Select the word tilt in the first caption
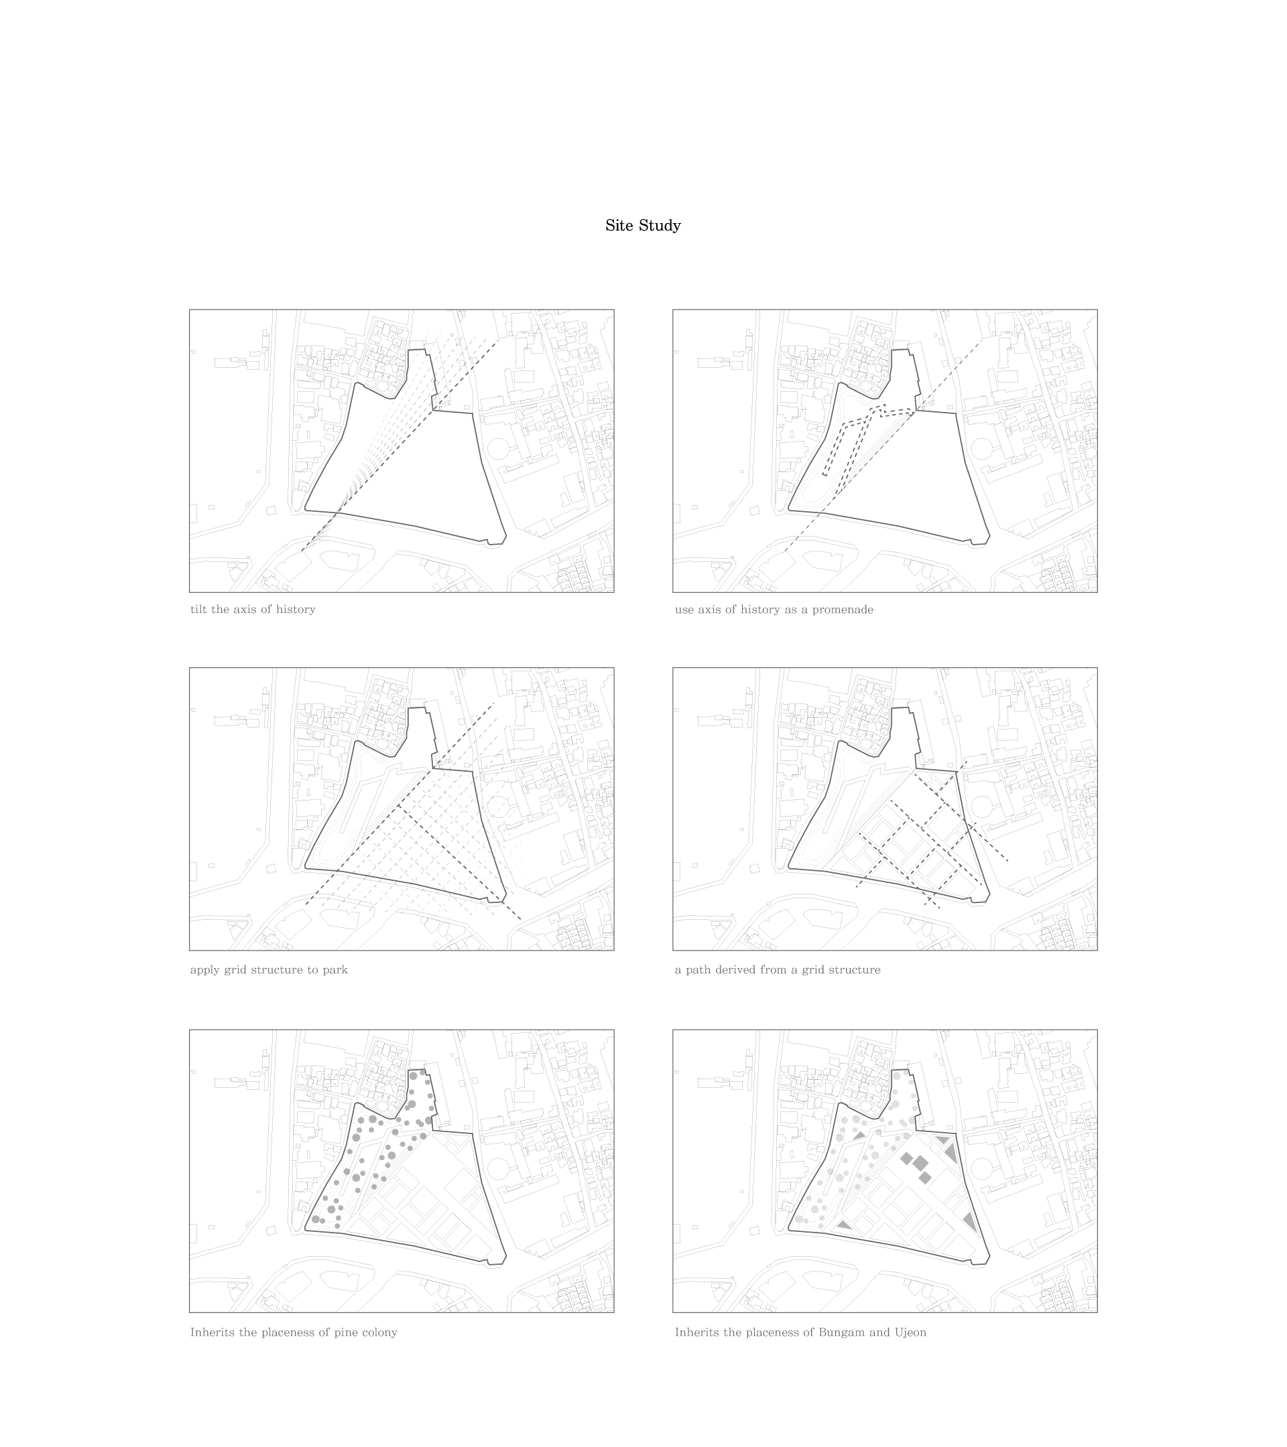pyautogui.click(x=199, y=610)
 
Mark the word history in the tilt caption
pyautogui.click(x=296, y=610)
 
